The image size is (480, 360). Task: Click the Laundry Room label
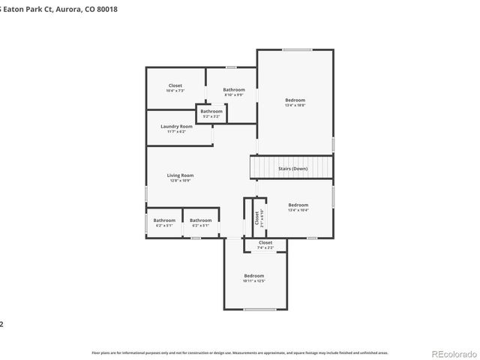click(x=176, y=126)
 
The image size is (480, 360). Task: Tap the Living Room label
click(x=180, y=175)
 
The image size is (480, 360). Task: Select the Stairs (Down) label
click(x=292, y=169)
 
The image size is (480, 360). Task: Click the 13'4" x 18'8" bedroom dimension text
click(x=295, y=105)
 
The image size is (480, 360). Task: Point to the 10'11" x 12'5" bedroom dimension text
click(x=253, y=281)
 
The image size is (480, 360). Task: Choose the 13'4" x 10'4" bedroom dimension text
click(x=298, y=210)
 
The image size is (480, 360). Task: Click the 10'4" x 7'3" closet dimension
click(x=175, y=91)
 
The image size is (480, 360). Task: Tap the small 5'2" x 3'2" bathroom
click(x=211, y=113)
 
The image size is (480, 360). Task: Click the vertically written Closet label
click(x=256, y=217)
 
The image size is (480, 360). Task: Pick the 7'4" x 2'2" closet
click(x=265, y=244)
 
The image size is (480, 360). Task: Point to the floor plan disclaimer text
click(x=240, y=352)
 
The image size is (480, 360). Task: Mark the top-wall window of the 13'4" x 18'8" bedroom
click(x=297, y=49)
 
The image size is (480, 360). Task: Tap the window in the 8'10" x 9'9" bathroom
click(x=232, y=67)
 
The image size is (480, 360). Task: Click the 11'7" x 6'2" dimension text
click(x=176, y=131)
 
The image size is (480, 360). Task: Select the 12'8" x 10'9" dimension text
click(x=180, y=180)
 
